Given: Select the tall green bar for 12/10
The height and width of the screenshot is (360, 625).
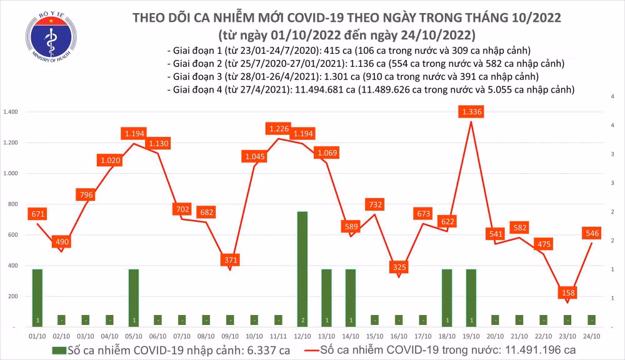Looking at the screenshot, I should pos(302,269).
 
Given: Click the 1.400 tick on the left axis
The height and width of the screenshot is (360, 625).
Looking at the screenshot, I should pos(12,112).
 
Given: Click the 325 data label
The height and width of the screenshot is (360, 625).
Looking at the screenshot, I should pos(398,267).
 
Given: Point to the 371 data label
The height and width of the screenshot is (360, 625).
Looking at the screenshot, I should pos(231,259).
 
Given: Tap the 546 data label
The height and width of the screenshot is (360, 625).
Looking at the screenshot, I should pos(591,232).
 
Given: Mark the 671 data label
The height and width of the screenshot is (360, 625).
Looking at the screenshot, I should pos(37,214).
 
